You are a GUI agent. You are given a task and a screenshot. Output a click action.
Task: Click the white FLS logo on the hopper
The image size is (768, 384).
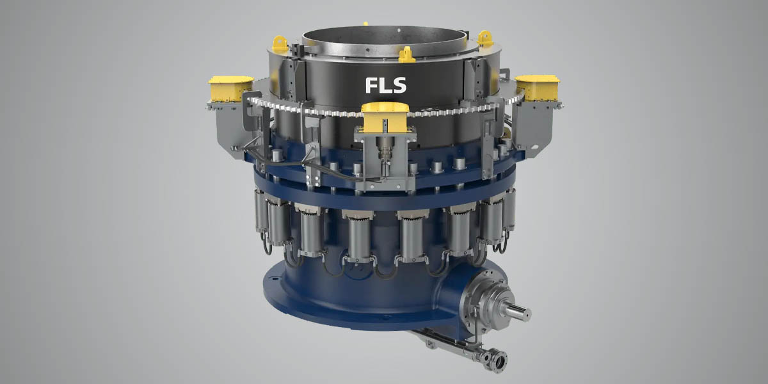pyautogui.click(x=386, y=85)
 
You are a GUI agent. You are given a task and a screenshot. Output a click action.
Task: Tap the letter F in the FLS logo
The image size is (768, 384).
pyautogui.click(x=371, y=85)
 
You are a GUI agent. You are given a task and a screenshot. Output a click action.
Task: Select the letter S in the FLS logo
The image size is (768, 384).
pyautogui.click(x=399, y=85)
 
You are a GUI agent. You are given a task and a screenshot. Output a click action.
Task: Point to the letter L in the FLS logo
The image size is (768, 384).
pyautogui.click(x=385, y=85)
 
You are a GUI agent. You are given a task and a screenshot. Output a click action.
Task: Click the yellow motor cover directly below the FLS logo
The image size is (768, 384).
pyautogui.click(x=385, y=116)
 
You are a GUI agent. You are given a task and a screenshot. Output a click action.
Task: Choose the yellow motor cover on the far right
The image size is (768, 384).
pyautogui.click(x=537, y=87)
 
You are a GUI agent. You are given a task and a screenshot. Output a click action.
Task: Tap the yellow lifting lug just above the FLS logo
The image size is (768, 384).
pyautogui.click(x=406, y=55)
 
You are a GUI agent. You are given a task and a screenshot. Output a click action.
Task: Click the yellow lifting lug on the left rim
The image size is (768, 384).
pyautogui.click(x=280, y=44)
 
